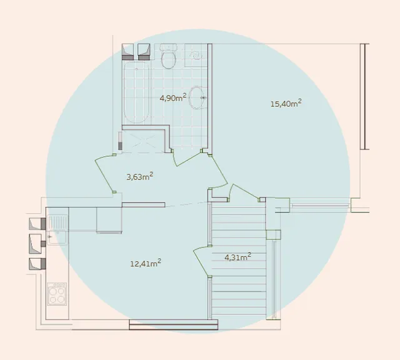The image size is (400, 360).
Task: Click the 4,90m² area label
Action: click(173, 97)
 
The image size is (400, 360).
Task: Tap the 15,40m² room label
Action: click(286, 104)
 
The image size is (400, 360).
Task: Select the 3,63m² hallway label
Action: click(140, 176)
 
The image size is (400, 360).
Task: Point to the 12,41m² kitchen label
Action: click(146, 263)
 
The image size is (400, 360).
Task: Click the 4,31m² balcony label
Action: click(237, 257)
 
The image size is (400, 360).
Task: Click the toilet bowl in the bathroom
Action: click(169, 57)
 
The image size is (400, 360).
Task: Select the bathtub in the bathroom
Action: click(136, 92)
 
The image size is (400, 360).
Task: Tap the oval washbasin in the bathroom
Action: click(197, 97)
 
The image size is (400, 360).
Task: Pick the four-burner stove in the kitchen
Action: click(57, 294)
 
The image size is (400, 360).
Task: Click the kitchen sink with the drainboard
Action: click(57, 230)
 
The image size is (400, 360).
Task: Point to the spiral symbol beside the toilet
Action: click(196, 56)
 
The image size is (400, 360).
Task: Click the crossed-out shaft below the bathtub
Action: click(143, 141)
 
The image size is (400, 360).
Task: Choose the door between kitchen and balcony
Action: click(202, 261)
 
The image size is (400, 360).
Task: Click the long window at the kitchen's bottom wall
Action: click(174, 324)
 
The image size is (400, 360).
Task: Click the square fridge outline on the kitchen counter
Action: click(109, 220)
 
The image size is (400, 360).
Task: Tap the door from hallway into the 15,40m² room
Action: click(218, 172)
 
